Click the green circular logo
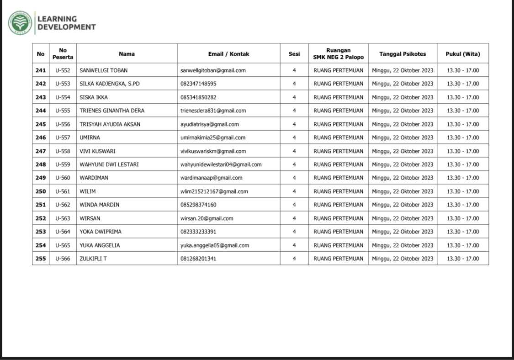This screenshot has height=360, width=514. [x=20, y=23]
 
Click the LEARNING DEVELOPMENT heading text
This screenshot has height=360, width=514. [x=66, y=23]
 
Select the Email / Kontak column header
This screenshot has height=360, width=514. [x=228, y=54]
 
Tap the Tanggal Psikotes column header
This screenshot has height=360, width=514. [x=403, y=54]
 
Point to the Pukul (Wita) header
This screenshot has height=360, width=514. [x=462, y=54]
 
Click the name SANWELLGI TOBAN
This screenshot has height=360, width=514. [x=104, y=70]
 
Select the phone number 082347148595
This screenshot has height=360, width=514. [x=198, y=84]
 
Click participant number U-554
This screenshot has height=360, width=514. [x=63, y=97]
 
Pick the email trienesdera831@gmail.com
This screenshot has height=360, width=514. [x=213, y=111]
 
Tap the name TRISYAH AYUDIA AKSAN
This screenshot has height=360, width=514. [x=110, y=124]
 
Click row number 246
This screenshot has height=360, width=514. [x=41, y=138]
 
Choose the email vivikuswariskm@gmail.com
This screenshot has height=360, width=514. [x=213, y=151]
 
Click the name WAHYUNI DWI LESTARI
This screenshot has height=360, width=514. [x=109, y=164]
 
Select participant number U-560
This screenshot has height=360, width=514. [x=63, y=178]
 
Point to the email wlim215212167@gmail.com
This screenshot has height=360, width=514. [x=214, y=191]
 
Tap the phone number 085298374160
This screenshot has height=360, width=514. [x=198, y=205]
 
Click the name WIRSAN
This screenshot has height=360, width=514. [x=90, y=218]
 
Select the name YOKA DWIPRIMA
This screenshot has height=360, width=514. [x=101, y=232]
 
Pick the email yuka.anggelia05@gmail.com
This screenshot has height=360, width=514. [x=215, y=245]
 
